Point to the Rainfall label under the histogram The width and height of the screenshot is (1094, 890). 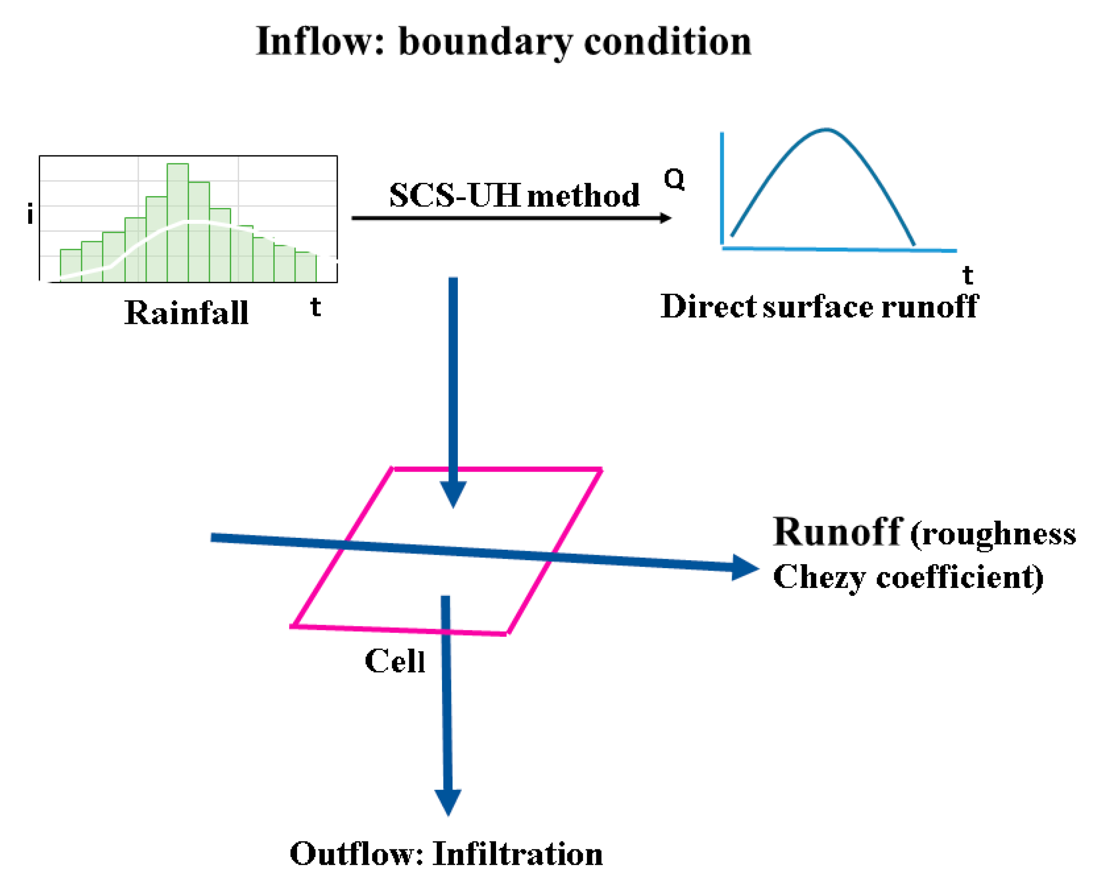pyautogui.click(x=186, y=312)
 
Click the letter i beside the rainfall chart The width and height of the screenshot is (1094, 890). pyautogui.click(x=30, y=213)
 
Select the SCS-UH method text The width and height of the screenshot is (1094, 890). pyautogui.click(x=514, y=195)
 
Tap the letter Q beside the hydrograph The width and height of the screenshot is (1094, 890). pyautogui.click(x=674, y=179)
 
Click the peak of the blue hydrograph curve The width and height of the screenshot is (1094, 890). pyautogui.click(x=826, y=129)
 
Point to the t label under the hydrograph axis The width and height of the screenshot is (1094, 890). pyautogui.click(x=967, y=275)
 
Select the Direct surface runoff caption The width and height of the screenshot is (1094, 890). pyautogui.click(x=819, y=307)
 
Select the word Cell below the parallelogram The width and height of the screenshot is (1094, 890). pyautogui.click(x=395, y=661)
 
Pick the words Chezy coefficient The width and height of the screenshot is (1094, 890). pyautogui.click(x=907, y=577)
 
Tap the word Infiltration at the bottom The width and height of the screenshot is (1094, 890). pyautogui.click(x=517, y=854)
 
